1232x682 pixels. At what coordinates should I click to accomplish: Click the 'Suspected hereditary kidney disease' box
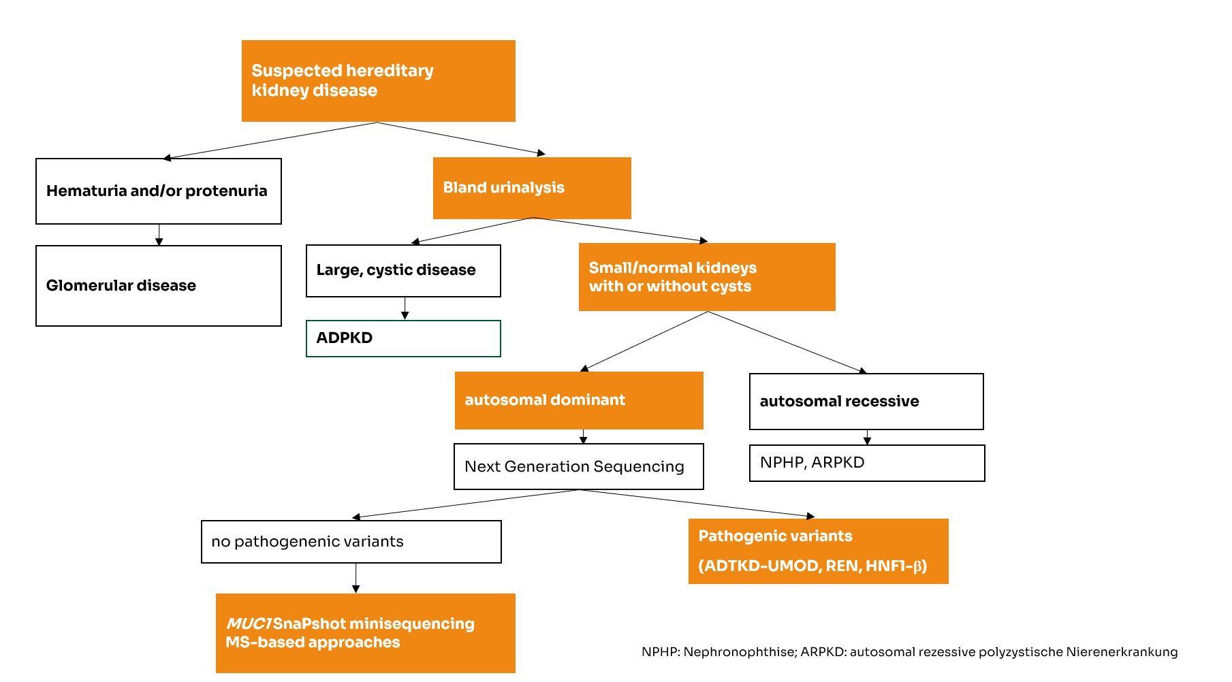378,80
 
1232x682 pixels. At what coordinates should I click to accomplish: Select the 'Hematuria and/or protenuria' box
158,191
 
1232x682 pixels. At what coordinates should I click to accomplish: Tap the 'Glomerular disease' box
158,285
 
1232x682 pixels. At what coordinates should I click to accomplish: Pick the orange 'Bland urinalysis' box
531,188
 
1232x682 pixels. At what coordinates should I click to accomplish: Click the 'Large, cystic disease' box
403,270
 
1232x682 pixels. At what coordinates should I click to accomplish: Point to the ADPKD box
403,338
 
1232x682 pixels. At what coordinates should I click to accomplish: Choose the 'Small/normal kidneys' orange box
706,276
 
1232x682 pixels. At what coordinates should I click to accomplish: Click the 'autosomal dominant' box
578,400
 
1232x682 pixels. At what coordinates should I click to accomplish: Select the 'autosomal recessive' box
866,401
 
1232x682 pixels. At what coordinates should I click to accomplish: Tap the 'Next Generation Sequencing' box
578,466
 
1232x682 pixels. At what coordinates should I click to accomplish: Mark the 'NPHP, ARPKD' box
866,463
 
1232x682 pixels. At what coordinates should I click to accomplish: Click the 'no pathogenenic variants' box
351,542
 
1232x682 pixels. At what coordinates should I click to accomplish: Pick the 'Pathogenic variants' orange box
817,551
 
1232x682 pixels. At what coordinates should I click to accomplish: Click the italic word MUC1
249,623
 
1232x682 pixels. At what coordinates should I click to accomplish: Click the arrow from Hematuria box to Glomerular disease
159,235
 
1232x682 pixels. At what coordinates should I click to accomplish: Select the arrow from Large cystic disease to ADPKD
405,308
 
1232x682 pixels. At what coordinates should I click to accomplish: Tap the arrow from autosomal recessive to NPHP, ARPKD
867,437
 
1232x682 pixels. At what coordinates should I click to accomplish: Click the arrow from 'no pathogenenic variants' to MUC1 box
356,578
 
